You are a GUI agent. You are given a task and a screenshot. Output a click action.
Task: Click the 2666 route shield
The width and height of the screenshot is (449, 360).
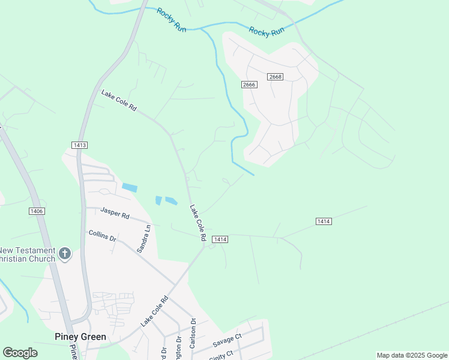[x=250, y=85]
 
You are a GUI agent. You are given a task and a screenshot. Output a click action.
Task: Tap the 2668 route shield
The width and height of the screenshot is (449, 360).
[x=276, y=77]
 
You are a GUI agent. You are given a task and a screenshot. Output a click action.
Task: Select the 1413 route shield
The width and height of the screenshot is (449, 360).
[x=79, y=145]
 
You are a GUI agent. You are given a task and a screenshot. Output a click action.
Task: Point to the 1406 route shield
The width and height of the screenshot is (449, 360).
[x=37, y=211]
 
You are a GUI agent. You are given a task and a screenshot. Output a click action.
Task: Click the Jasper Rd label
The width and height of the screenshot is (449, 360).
[x=115, y=214]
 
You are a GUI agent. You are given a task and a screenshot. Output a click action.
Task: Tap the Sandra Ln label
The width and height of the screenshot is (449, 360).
[x=145, y=239]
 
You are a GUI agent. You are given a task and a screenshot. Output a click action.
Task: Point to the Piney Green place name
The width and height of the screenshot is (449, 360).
[x=80, y=337]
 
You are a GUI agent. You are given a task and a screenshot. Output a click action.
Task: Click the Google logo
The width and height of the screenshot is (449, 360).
[x=20, y=353]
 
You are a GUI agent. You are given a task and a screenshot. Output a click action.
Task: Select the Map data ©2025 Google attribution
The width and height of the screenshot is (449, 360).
[x=412, y=355]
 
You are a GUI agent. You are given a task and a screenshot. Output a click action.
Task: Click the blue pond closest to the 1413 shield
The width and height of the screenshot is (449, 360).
[x=129, y=187]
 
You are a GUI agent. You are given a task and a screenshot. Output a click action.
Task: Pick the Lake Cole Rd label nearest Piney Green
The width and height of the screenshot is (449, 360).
[x=154, y=311]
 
